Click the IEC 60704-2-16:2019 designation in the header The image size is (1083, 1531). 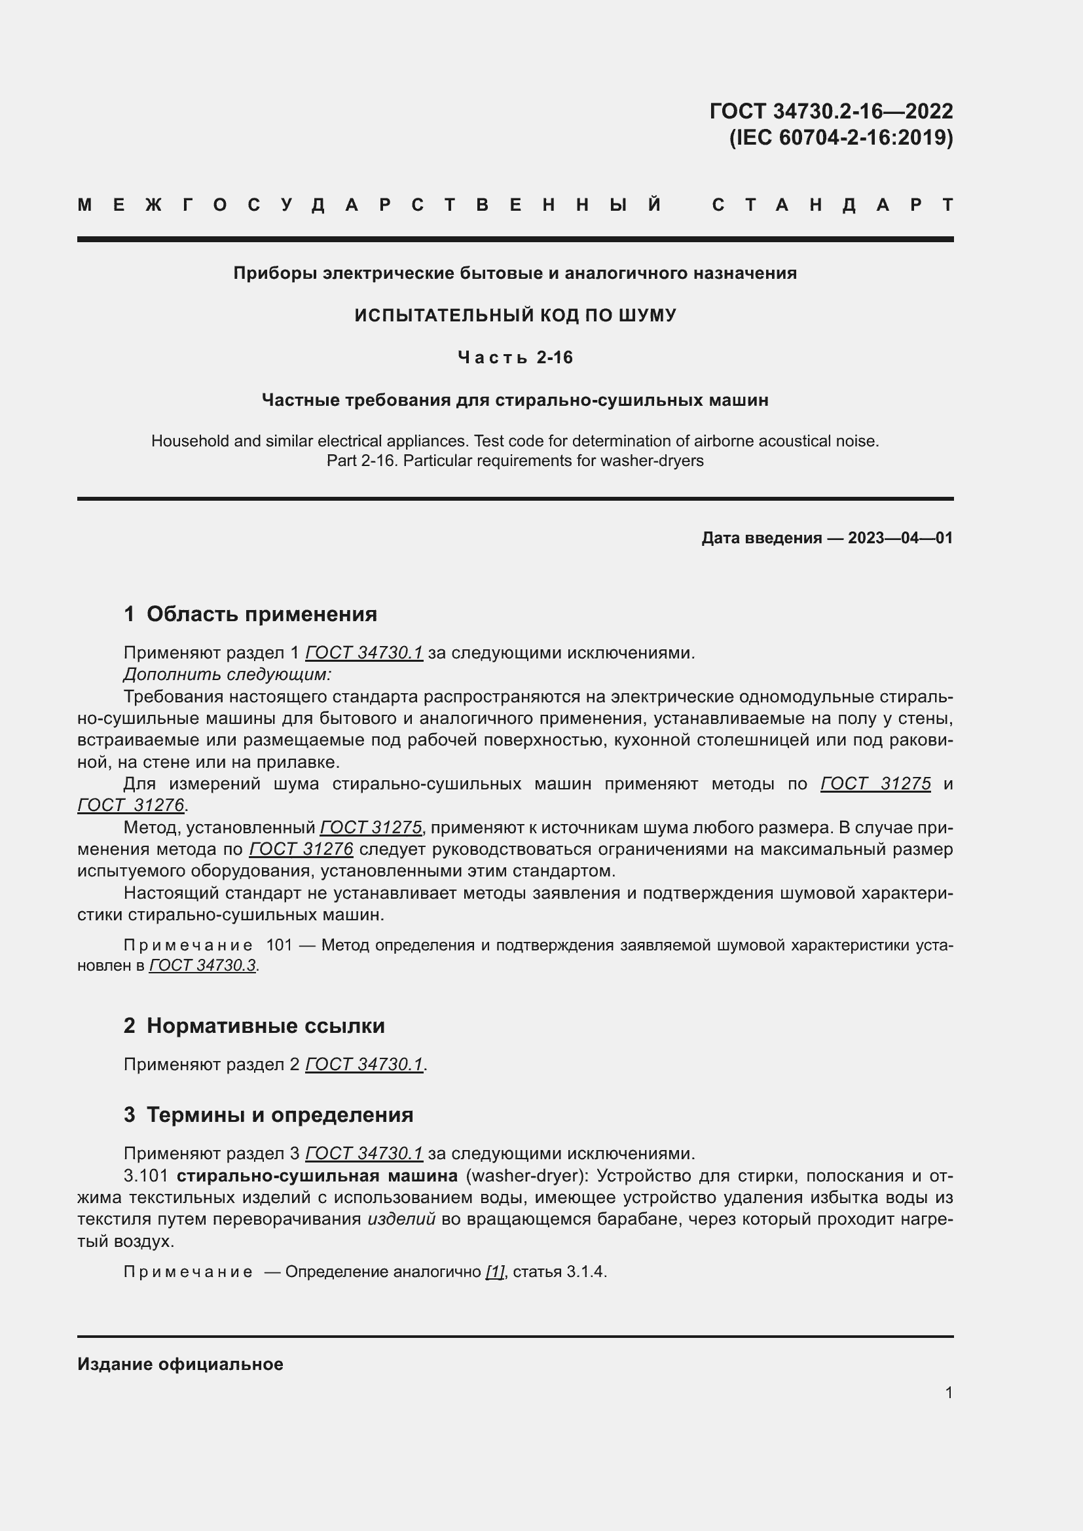tap(841, 137)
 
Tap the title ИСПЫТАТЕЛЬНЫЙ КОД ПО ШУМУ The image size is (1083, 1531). tap(515, 315)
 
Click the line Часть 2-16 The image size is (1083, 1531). tap(515, 358)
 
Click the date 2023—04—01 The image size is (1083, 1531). tap(900, 538)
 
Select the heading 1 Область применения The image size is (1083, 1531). tap(250, 614)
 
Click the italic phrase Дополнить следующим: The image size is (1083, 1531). tap(227, 674)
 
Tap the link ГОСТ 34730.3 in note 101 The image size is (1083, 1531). tap(202, 965)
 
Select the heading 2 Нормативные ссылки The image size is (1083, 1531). tap(254, 1026)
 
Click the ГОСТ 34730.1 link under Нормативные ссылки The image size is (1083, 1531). tap(364, 1064)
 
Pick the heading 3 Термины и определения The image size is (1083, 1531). tap(268, 1115)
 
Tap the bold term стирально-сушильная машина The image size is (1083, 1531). tap(317, 1176)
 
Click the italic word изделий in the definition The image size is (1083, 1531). tap(401, 1219)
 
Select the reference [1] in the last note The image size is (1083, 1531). tap(494, 1272)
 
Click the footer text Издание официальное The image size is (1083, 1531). tap(180, 1364)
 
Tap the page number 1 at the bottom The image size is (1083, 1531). tap(948, 1392)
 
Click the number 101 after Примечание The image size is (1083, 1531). tap(279, 945)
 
